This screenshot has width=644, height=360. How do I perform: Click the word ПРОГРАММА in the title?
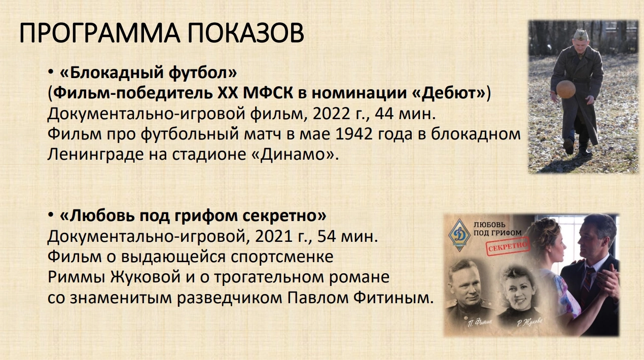click(x=99, y=33)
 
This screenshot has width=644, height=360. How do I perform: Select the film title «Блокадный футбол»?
click(x=149, y=72)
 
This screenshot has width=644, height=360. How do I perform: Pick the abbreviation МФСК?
click(x=268, y=93)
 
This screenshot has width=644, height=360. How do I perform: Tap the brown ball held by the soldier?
click(x=565, y=89)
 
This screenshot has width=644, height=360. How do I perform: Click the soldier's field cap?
click(x=581, y=35)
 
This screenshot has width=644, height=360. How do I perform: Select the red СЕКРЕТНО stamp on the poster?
click(x=508, y=246)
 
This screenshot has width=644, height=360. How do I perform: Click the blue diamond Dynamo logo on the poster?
click(x=459, y=235)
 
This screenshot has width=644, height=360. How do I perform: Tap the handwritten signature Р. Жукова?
click(x=529, y=322)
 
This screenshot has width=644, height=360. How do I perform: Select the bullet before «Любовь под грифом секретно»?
click(x=51, y=215)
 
